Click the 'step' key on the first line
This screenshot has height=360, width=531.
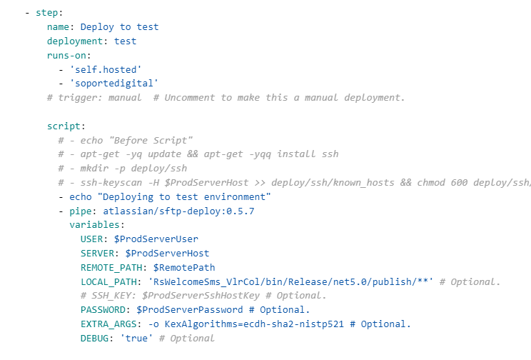(46, 13)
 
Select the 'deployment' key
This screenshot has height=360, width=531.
(75, 41)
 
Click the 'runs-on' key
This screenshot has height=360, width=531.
(66, 55)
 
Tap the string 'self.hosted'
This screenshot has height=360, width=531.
(106, 69)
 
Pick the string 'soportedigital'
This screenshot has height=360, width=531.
(114, 84)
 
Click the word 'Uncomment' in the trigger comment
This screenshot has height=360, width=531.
(189, 98)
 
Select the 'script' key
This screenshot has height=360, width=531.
(64, 126)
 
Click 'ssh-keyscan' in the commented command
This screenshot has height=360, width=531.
(111, 183)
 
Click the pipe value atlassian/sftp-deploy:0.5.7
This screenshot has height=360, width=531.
(178, 211)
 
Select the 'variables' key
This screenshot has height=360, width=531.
(94, 225)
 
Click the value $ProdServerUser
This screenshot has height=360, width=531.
(156, 239)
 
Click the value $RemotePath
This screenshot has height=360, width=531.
(184, 267)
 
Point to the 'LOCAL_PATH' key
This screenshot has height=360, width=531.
(108, 281)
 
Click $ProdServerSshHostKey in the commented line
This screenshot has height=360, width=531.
(201, 296)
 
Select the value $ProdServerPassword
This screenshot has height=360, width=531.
(190, 310)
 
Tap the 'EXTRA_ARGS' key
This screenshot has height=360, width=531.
(108, 324)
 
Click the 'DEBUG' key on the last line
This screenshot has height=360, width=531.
(94, 339)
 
